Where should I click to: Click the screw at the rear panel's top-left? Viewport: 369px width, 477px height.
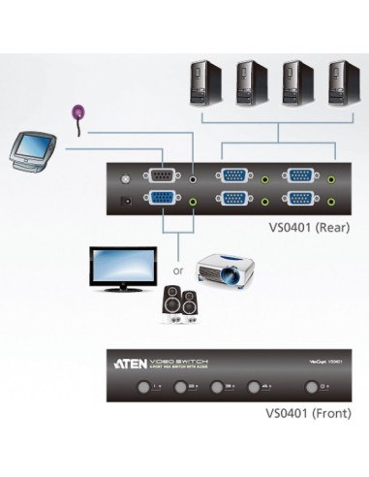click(x=123, y=178)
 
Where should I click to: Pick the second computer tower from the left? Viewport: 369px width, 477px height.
click(x=251, y=82)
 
